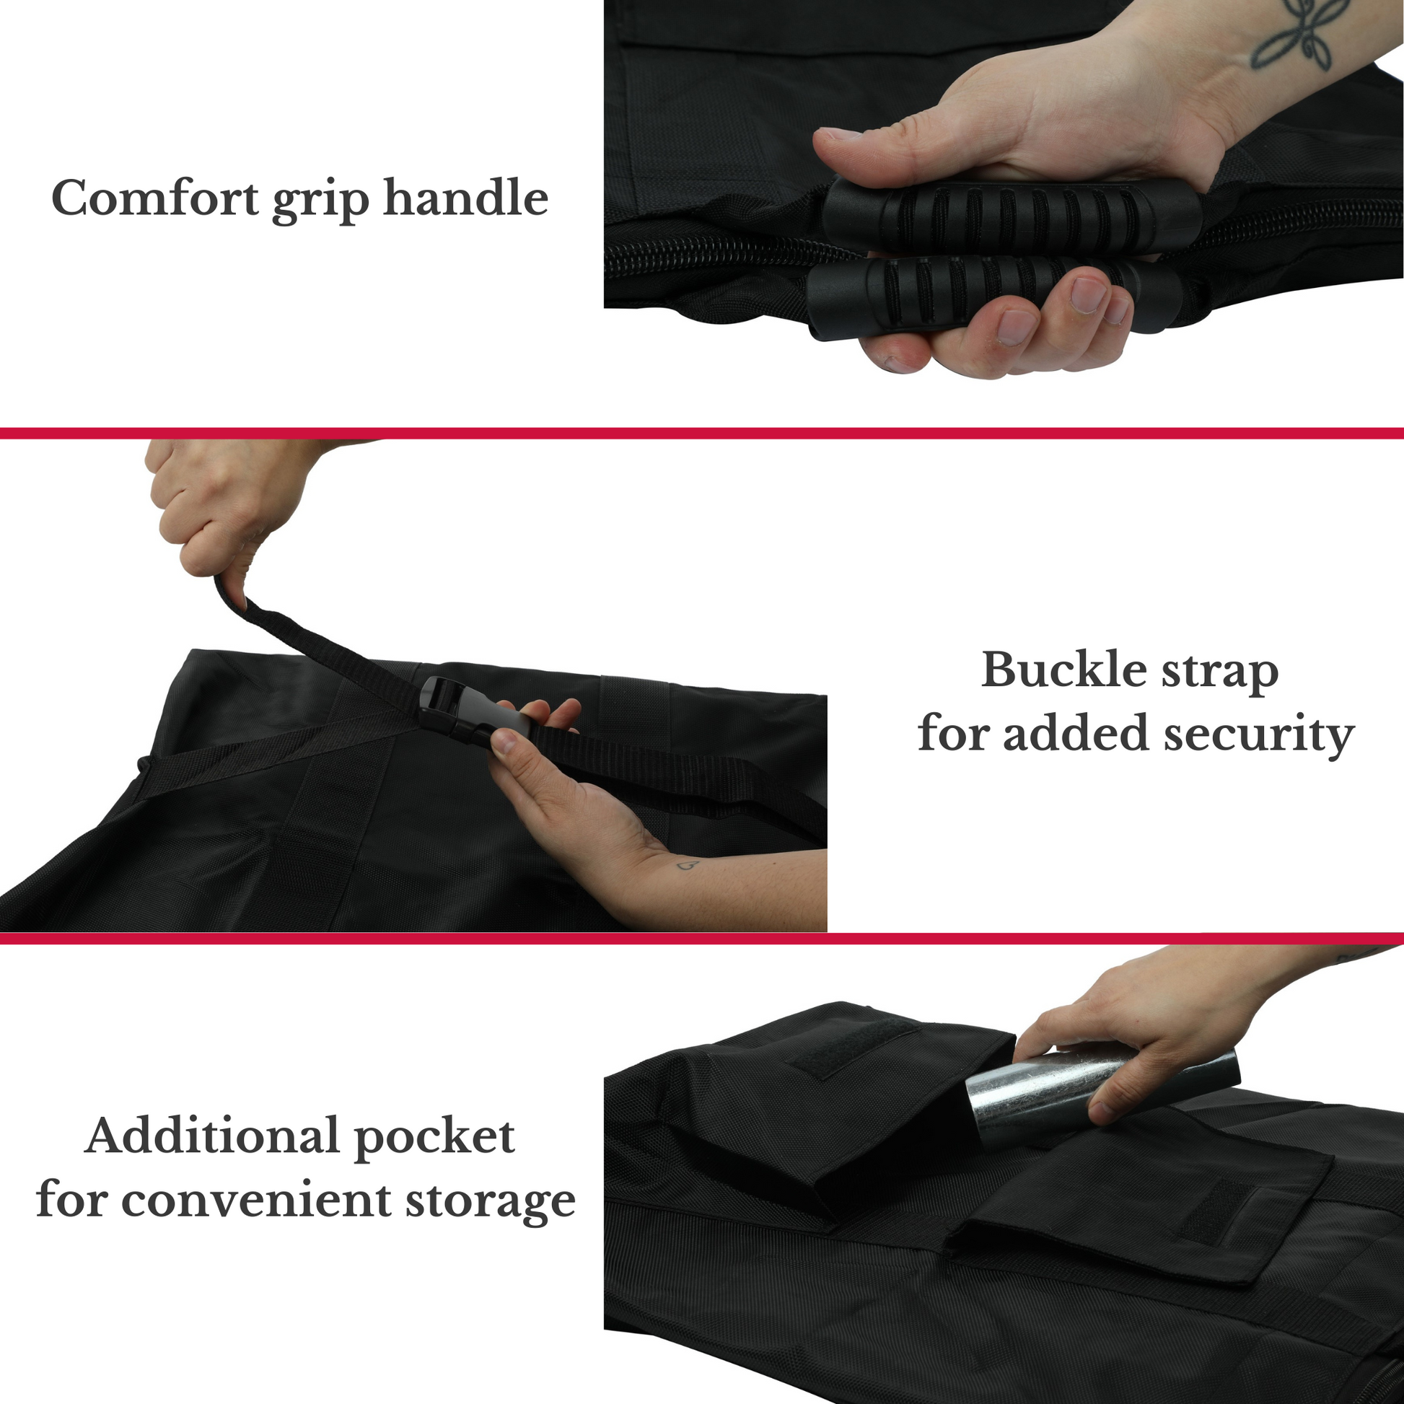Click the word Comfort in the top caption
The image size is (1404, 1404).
(155, 198)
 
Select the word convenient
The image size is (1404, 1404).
(256, 1200)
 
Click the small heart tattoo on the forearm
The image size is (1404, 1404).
(688, 866)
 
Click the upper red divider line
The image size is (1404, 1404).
(702, 434)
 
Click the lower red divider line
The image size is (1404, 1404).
(702, 938)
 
